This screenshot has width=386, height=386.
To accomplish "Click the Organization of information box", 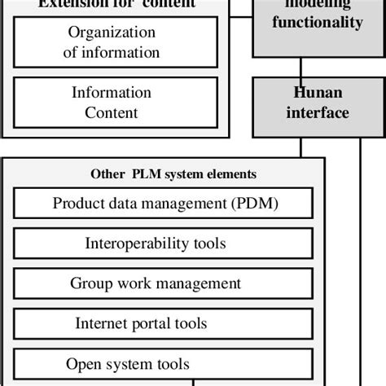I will pyautogui.click(x=116, y=42).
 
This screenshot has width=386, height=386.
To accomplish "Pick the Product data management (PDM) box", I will pyautogui.click(x=163, y=204).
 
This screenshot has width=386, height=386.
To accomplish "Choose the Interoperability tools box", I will pyautogui.click(x=163, y=243).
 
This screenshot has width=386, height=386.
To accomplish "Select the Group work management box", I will pyautogui.click(x=163, y=283).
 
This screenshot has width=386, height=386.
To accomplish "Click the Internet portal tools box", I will pyautogui.click(x=163, y=323).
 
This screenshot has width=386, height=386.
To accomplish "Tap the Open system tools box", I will pyautogui.click(x=163, y=362).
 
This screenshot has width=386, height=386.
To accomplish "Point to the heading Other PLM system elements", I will pyautogui.click(x=173, y=173).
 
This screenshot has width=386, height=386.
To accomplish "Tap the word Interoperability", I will pyautogui.click(x=127, y=243).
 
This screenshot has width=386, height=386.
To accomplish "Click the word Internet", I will pyautogui.click(x=101, y=323).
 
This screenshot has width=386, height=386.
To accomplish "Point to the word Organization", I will pyautogui.click(x=112, y=33).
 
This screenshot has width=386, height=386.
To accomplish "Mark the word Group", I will pyautogui.click(x=89, y=283).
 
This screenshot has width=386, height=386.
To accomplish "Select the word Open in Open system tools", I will pyautogui.click(x=82, y=363).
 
